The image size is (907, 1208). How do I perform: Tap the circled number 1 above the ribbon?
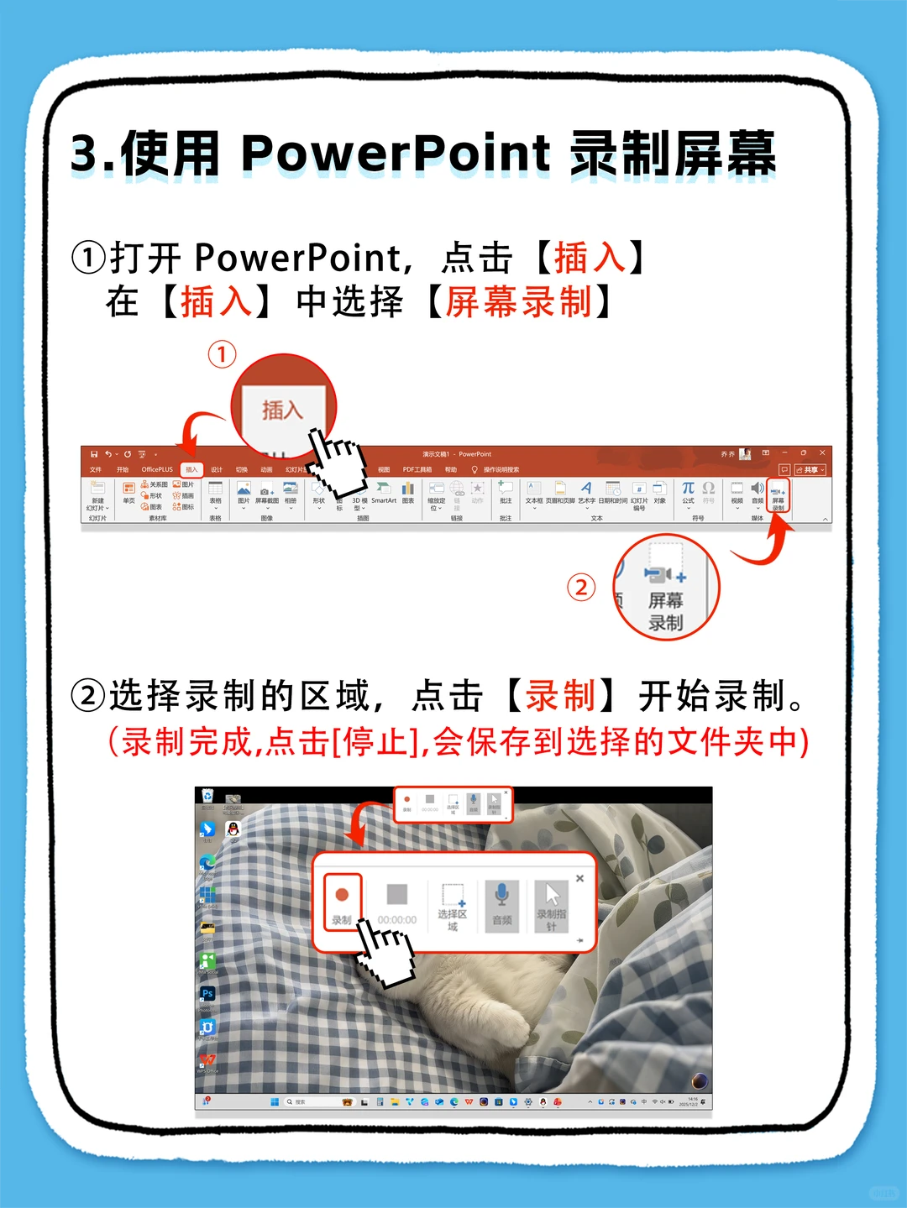click(x=222, y=354)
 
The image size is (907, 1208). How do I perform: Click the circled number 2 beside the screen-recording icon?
click(x=581, y=587)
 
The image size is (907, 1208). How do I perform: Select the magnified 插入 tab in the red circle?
click(x=282, y=410)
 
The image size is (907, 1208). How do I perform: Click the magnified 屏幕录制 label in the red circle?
click(x=665, y=611)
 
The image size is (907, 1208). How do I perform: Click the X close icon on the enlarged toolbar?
click(x=579, y=878)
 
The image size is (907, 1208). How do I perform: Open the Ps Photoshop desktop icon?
click(x=207, y=994)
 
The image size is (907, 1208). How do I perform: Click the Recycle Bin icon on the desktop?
click(x=207, y=795)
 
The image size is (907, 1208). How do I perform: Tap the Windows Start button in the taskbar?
click(x=275, y=1101)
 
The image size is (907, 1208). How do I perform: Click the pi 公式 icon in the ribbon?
click(x=688, y=491)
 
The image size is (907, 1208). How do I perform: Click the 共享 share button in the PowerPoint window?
click(x=810, y=469)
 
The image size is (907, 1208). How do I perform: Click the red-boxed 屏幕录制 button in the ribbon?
click(x=779, y=495)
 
